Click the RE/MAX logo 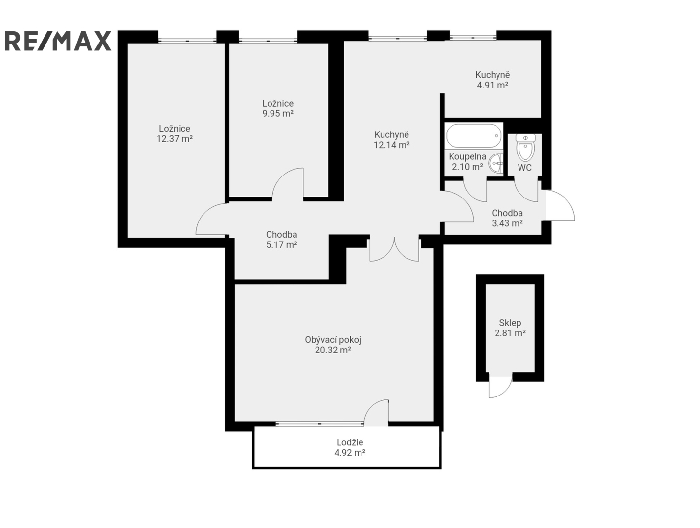tap(58, 41)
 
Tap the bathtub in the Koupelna tap(474, 136)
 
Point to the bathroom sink tap(496, 163)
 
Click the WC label tap(524, 168)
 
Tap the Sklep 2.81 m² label tap(510, 328)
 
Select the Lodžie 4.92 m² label tap(350, 447)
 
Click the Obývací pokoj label tap(333, 340)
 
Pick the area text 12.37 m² tap(175, 139)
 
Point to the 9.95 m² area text tap(278, 114)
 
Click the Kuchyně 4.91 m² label tap(493, 80)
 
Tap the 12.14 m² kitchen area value tap(392, 145)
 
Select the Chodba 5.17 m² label tap(282, 240)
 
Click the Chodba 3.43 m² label tap(507, 218)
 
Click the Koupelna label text tap(468, 157)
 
